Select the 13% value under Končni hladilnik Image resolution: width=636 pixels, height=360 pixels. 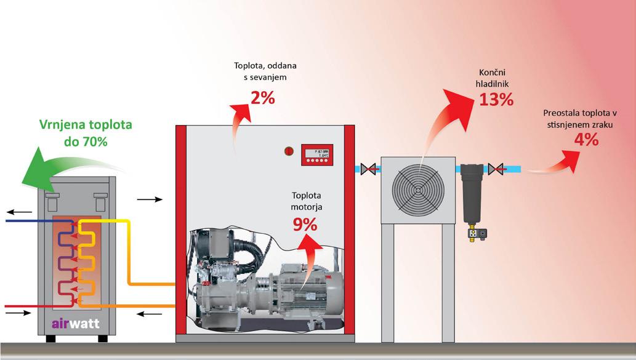tap(496, 99)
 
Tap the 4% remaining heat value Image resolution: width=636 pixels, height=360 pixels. tap(586, 140)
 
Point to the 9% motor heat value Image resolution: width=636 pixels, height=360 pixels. tap(305, 224)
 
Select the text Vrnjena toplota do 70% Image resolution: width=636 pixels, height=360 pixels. tap(87, 133)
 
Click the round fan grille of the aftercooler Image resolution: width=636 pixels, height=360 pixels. tap(419, 188)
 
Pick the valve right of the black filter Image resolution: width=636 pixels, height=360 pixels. tap(497, 168)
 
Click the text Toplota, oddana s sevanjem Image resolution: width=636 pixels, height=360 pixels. tap(260, 72)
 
